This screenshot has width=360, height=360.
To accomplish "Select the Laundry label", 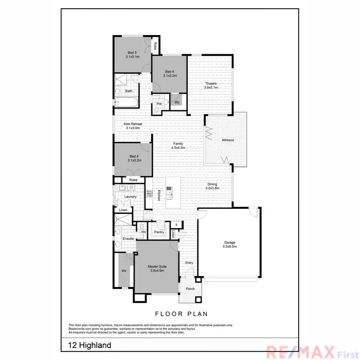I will pyautogui.click(x=130, y=196).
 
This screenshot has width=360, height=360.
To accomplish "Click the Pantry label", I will pyautogui.click(x=159, y=232).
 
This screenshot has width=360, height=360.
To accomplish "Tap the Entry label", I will pyautogui.click(x=189, y=263).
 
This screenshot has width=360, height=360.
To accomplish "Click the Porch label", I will pyautogui.click(x=190, y=288).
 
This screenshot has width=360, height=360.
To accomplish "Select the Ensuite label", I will pyautogui.click(x=128, y=239).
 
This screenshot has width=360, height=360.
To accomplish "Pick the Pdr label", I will pyautogui.click(x=159, y=104).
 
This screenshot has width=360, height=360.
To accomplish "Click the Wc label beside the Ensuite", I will pyautogui.click(x=143, y=232).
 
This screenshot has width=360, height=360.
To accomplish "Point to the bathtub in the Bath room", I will pyautogui.click(x=126, y=102).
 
